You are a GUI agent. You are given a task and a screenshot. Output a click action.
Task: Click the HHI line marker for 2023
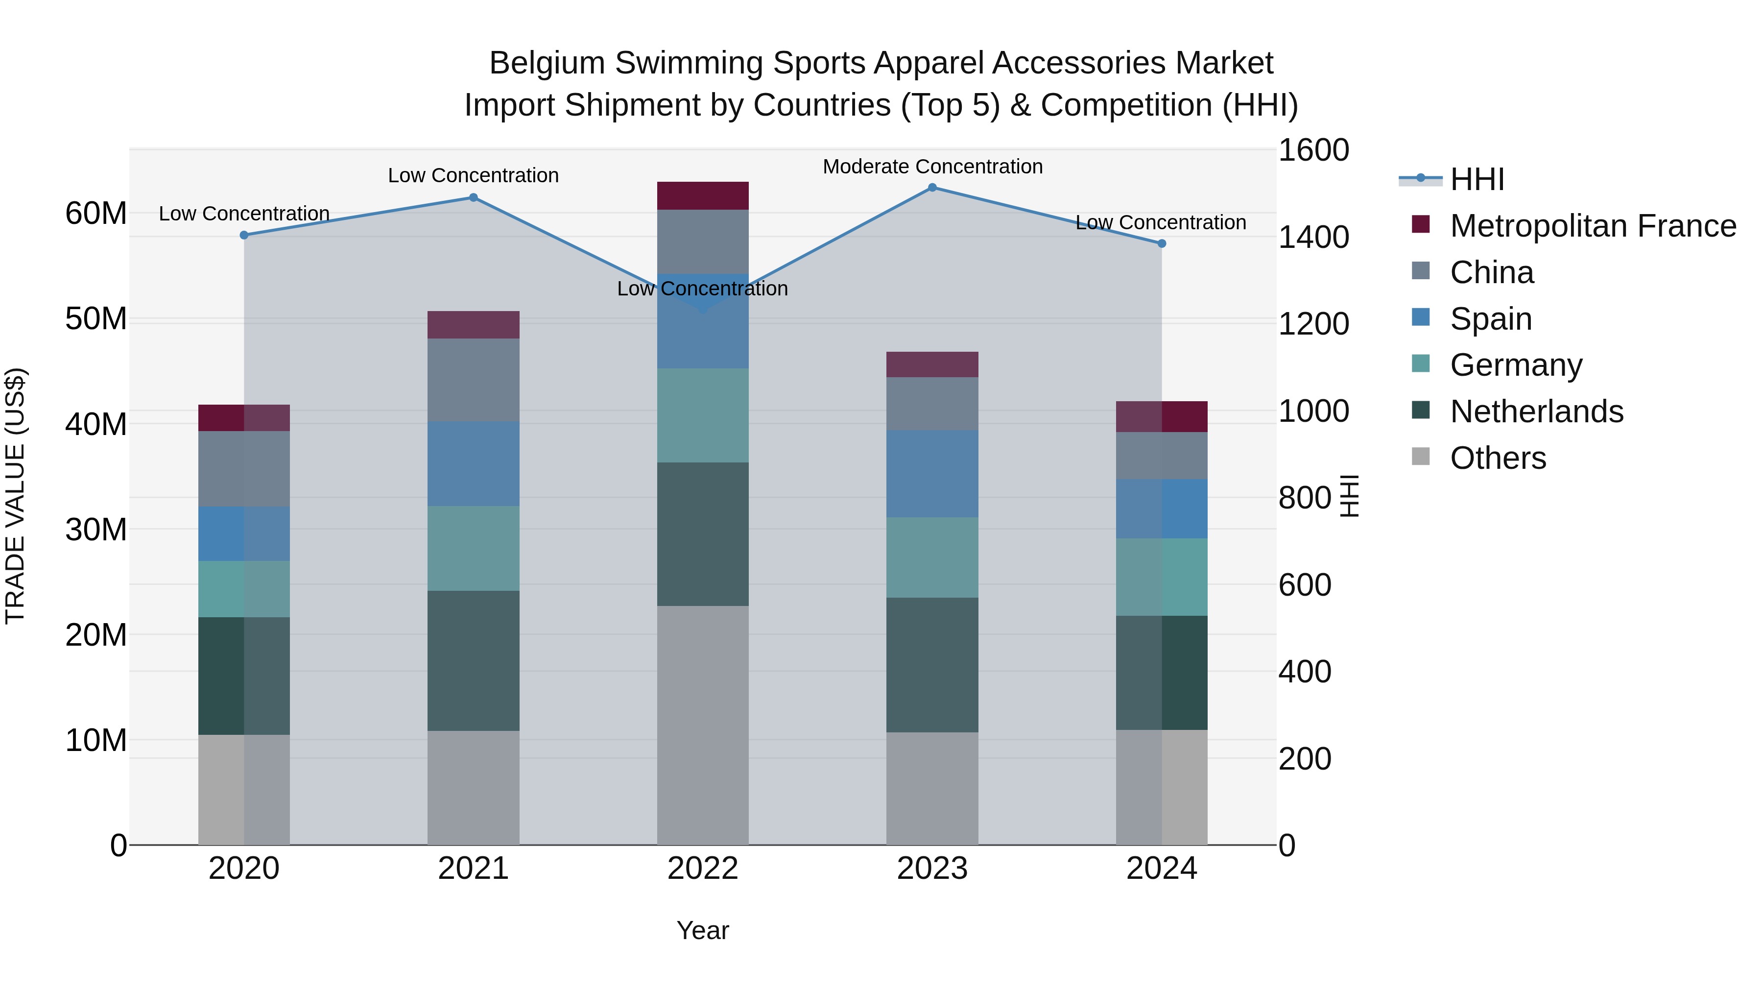click(x=932, y=188)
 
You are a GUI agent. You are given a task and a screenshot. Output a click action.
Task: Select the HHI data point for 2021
click(x=473, y=198)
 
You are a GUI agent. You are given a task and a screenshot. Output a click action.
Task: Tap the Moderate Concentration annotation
click(x=932, y=167)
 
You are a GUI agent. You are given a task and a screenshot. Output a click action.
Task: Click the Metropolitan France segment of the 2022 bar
click(x=703, y=196)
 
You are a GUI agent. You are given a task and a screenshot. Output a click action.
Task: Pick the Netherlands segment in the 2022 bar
click(x=703, y=534)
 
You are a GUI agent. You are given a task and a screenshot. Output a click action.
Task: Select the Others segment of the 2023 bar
click(x=932, y=788)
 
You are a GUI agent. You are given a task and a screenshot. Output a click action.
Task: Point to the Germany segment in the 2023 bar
click(x=932, y=557)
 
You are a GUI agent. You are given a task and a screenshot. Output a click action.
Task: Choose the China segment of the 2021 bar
click(x=473, y=380)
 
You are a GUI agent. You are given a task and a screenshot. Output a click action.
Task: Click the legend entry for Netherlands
click(x=1536, y=411)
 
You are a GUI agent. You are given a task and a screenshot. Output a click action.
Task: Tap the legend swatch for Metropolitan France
click(x=1421, y=224)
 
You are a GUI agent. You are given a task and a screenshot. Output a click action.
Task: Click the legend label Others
click(x=1498, y=458)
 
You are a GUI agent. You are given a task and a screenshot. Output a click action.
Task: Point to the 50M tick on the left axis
click(x=96, y=319)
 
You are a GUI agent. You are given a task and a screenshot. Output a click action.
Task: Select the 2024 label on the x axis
click(x=1162, y=869)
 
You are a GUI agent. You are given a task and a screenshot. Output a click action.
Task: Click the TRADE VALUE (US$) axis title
click(x=16, y=496)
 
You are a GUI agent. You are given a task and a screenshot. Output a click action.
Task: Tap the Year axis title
click(x=703, y=930)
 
